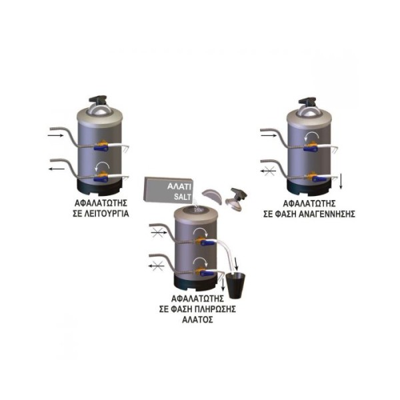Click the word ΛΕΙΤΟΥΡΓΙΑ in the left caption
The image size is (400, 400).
[108, 214]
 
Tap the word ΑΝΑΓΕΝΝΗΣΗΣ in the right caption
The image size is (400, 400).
[327, 214]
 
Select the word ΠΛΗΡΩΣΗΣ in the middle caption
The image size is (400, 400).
[215, 309]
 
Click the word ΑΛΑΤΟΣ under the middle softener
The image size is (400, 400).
[197, 319]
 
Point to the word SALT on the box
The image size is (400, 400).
[183, 197]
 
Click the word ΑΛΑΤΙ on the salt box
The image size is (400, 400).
[179, 187]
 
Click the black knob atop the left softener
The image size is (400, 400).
[100, 99]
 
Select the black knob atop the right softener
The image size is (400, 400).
[310, 102]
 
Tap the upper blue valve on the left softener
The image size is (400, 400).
[101, 147]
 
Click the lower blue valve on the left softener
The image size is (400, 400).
[101, 179]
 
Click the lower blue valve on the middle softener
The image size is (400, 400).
[207, 274]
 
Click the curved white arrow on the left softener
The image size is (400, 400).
[102, 165]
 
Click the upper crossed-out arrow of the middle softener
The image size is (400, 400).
[159, 233]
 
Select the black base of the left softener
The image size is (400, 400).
[100, 187]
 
